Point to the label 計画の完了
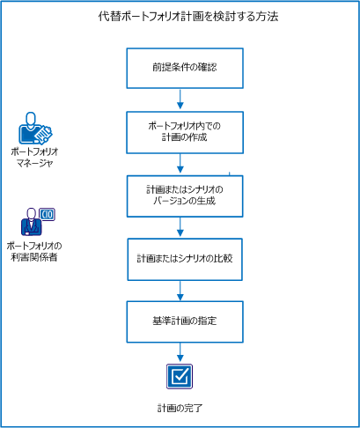181,407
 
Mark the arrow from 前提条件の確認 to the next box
180,100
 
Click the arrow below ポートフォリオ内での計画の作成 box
180,164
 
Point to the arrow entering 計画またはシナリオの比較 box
180,228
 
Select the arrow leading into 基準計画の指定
180,291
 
